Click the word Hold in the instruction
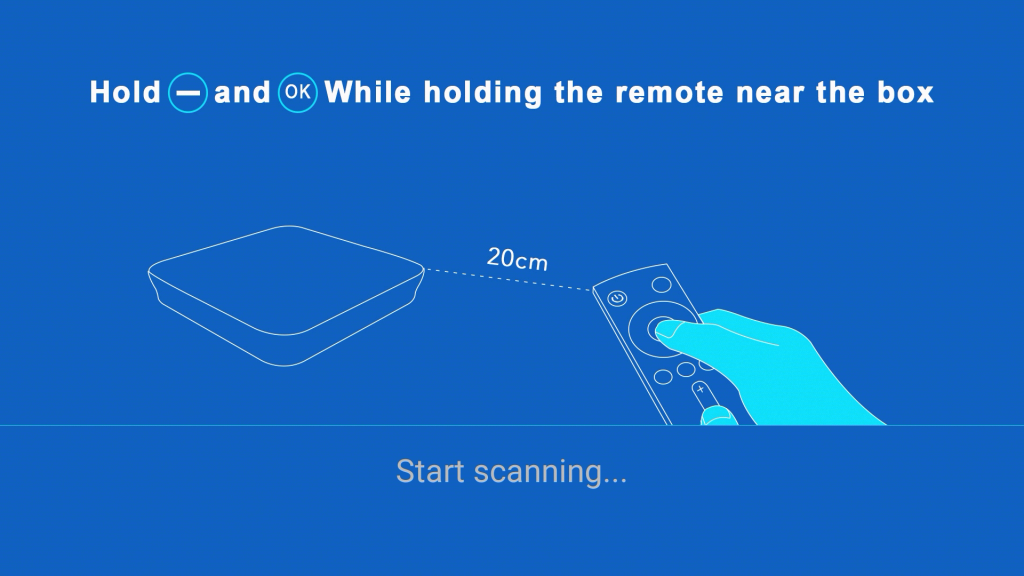(125, 92)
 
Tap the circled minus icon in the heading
(188, 93)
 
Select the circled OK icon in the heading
(298, 93)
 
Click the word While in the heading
(368, 92)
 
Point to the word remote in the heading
(669, 93)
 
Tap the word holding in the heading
(483, 93)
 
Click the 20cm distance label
(517, 259)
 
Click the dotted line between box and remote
(508, 279)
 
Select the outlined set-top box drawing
(286, 295)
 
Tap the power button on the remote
(617, 299)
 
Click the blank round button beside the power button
(662, 285)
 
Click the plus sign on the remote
(701, 389)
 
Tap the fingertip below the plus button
(717, 415)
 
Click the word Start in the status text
(431, 472)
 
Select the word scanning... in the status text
(551, 473)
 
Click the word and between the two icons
(242, 92)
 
